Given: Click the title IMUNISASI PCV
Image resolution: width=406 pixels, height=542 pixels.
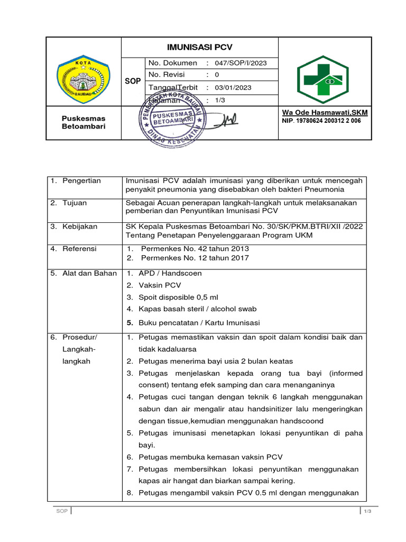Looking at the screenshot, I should [200, 47].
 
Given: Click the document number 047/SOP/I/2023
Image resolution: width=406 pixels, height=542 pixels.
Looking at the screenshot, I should [241, 63].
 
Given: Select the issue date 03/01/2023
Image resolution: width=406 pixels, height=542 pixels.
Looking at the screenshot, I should [233, 88].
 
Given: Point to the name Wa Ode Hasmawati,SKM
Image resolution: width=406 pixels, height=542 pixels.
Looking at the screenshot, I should [325, 113].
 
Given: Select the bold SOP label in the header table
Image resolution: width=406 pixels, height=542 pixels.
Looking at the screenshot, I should [133, 82].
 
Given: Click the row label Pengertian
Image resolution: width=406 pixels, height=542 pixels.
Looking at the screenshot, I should [81, 181].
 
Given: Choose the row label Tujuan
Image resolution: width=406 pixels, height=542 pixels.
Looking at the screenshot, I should [75, 203].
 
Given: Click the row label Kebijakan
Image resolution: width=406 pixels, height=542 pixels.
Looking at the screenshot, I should [80, 227].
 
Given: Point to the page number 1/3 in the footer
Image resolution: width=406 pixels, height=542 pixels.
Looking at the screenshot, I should [368, 511].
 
